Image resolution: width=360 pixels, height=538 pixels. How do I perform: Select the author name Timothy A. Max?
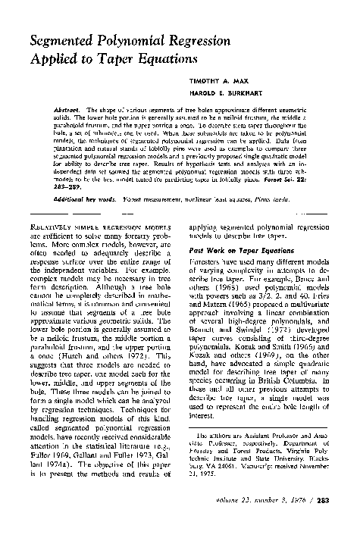coord(245,80)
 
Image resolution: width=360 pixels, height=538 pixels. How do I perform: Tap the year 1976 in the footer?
coord(304,521)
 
